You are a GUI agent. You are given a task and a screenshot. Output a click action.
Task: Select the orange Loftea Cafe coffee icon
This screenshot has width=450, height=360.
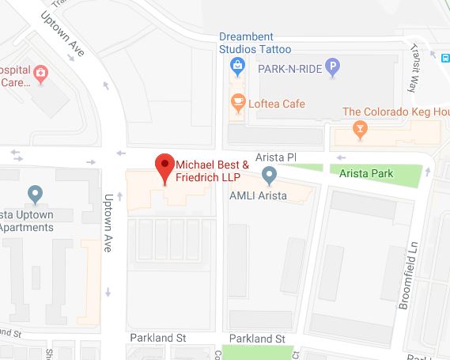click(236, 101)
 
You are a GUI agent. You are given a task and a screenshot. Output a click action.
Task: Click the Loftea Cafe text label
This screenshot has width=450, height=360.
click(278, 103)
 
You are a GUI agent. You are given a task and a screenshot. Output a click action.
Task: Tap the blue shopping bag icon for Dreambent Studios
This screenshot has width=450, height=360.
click(236, 70)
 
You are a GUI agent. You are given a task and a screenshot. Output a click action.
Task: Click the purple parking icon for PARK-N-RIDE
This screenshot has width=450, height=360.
click(334, 70)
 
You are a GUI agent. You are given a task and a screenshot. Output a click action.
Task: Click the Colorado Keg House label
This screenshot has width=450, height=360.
click(400, 112)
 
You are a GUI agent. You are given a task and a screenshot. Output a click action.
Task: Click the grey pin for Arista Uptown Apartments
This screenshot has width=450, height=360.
click(34, 193)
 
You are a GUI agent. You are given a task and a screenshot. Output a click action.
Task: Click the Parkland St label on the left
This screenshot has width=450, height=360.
click(157, 338)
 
